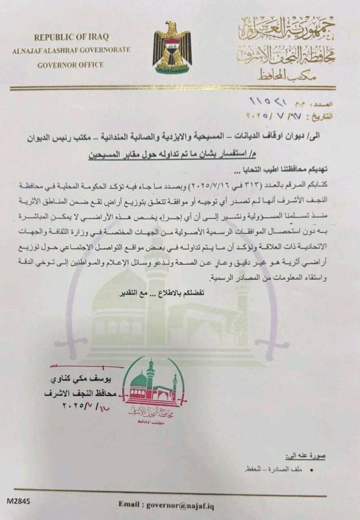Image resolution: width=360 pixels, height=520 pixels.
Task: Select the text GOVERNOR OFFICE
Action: pyautogui.click(x=70, y=64)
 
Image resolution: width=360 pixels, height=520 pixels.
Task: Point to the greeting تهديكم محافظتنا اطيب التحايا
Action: pyautogui.click(x=289, y=168)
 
